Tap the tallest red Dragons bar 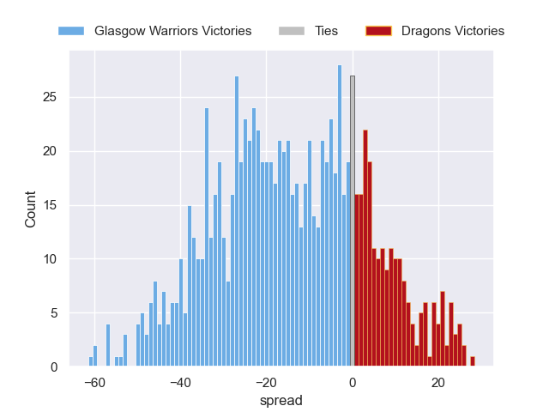coord(365,249)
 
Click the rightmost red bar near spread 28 coord(473,362)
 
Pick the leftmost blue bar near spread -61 coord(91,362)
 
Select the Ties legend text coord(326,31)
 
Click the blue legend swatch coord(71,31)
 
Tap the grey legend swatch coord(292,31)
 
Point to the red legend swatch coord(378,31)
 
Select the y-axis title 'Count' coord(31,209)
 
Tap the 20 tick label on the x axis coord(438,382)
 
